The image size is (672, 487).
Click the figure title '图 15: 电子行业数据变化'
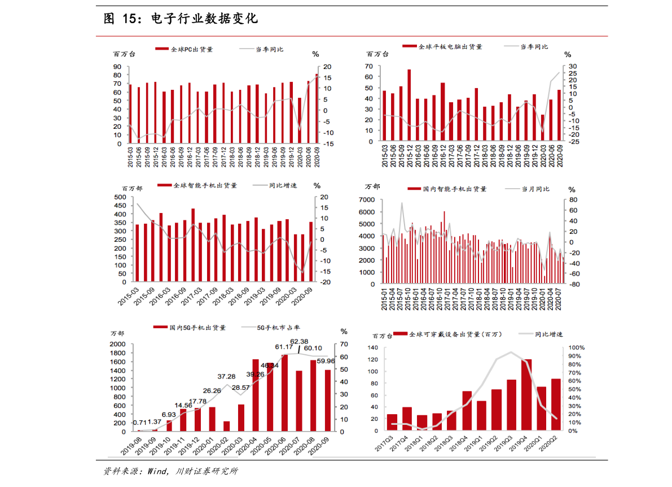point(181,19)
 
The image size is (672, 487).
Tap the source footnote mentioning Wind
point(170,471)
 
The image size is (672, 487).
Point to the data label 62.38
point(299,341)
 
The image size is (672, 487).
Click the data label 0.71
point(139,423)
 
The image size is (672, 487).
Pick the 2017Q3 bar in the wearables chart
point(392,423)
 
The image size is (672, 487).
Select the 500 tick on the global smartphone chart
point(120,197)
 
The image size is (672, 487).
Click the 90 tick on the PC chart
point(117,66)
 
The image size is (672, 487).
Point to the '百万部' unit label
point(132,188)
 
